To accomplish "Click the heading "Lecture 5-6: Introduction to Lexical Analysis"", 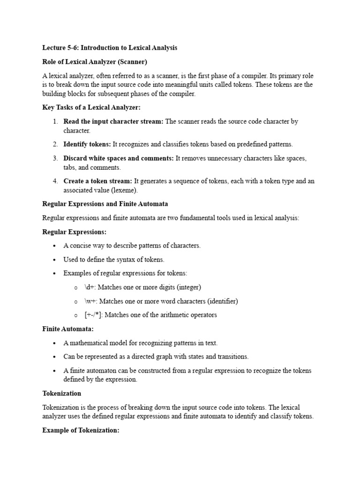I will point(110,48).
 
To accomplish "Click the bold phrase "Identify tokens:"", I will point(87,144).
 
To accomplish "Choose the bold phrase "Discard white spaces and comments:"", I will point(119,158).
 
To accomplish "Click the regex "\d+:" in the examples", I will point(90,287).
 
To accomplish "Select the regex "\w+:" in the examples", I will point(91,301).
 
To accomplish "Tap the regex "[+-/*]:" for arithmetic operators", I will point(94,315).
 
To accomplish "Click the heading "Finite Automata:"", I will point(68,329).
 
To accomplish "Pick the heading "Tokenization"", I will point(61,393).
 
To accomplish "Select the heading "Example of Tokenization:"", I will point(81,430).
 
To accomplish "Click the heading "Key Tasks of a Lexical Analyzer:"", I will point(91,107).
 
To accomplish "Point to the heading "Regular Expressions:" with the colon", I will point(74,232).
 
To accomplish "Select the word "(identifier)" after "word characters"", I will point(217,301).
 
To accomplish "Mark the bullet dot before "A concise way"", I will point(55,246).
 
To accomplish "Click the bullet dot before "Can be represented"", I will point(55,357).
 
